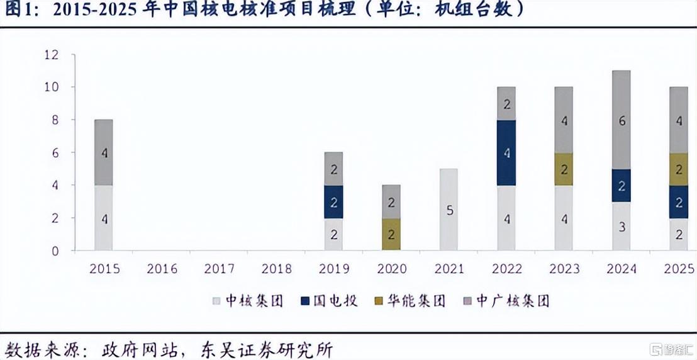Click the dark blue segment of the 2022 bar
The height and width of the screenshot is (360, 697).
pyautogui.click(x=506, y=152)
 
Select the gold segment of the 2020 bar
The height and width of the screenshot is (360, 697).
pyautogui.click(x=391, y=234)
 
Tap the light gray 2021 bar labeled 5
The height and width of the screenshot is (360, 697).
pyautogui.click(x=449, y=210)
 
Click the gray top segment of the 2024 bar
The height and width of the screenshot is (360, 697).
pyautogui.click(x=621, y=120)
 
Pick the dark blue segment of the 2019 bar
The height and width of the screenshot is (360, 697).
pyautogui.click(x=333, y=201)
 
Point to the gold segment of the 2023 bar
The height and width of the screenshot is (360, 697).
pyautogui.click(x=564, y=169)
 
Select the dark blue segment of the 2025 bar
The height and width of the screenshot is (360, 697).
pyautogui.click(x=678, y=201)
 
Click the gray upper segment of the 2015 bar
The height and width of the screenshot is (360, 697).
pyautogui.click(x=104, y=152)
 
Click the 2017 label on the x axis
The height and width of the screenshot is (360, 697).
pyautogui.click(x=219, y=269)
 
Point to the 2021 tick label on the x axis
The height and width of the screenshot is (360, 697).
pyautogui.click(x=449, y=269)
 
